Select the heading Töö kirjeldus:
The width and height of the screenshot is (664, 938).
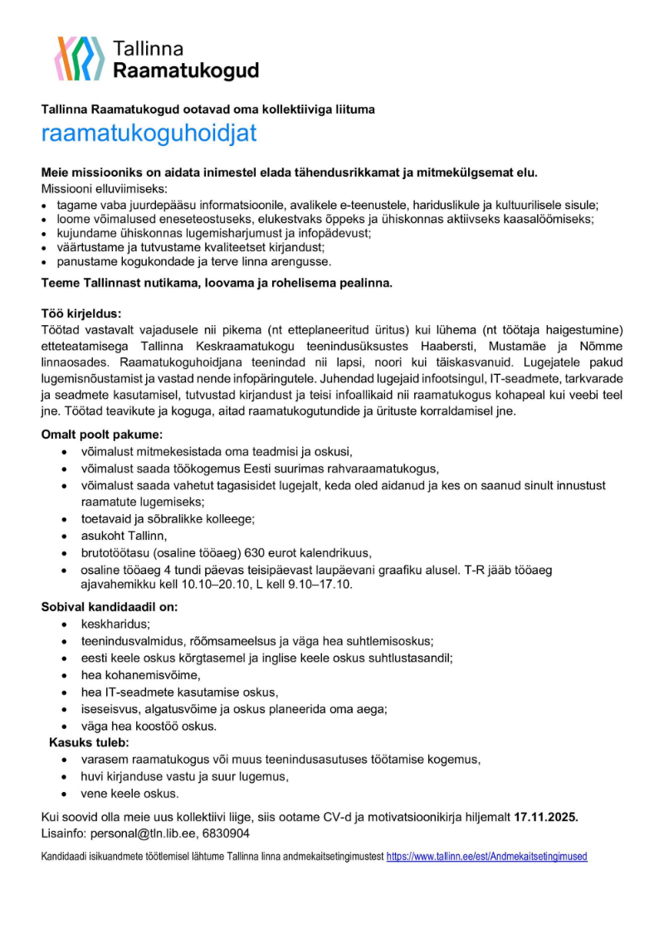pyautogui.click(x=81, y=314)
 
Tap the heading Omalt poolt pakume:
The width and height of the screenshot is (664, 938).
pyautogui.click(x=103, y=434)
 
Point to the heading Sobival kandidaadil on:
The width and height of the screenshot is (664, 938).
pyautogui.click(x=110, y=606)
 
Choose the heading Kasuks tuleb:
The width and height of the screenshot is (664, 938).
pyautogui.click(x=89, y=741)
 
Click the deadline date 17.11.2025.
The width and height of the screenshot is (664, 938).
pyautogui.click(x=545, y=817)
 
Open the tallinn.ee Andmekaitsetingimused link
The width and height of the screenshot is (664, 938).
pyautogui.click(x=486, y=856)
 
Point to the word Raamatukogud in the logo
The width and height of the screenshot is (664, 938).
pyautogui.click(x=186, y=70)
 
